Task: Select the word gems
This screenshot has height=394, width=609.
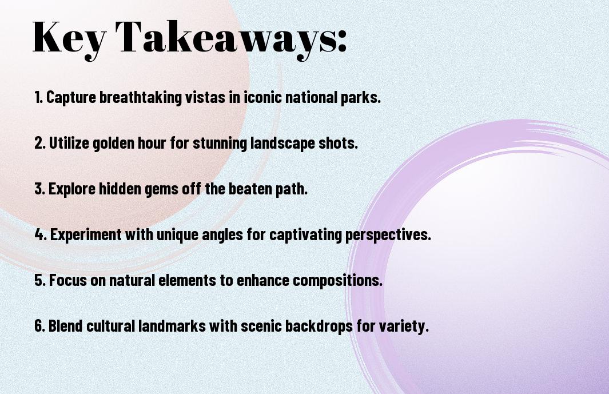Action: click(x=152, y=189)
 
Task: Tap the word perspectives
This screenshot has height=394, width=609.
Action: click(x=388, y=235)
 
